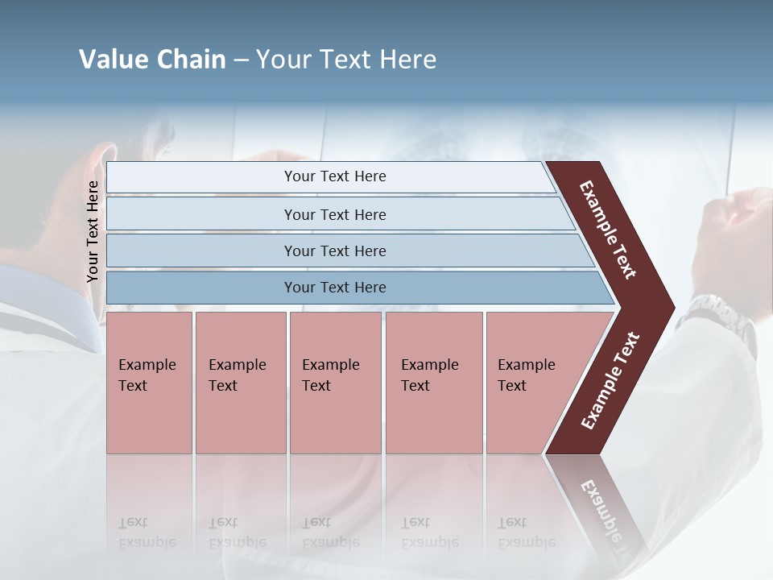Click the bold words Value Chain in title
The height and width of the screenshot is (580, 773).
tap(152, 60)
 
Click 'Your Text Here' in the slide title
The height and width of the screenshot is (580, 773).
tap(346, 60)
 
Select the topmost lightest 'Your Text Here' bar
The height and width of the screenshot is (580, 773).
tap(335, 176)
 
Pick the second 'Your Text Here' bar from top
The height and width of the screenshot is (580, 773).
tap(335, 214)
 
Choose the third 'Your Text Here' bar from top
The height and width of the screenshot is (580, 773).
tap(335, 251)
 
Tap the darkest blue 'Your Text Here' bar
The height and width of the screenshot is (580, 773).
tap(335, 288)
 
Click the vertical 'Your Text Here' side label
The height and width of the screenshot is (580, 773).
tap(93, 231)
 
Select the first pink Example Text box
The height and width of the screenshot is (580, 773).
tap(149, 382)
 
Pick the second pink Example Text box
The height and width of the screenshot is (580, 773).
tap(240, 382)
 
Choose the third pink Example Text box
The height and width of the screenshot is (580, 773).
tap(335, 382)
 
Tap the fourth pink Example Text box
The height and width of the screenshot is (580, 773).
tap(433, 382)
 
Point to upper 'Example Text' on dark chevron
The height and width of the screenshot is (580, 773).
tap(608, 230)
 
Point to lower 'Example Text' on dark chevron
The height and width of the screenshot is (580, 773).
tap(610, 380)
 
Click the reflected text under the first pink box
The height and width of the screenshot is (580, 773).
tap(147, 533)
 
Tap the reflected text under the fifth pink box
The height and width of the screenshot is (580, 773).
tap(526, 533)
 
